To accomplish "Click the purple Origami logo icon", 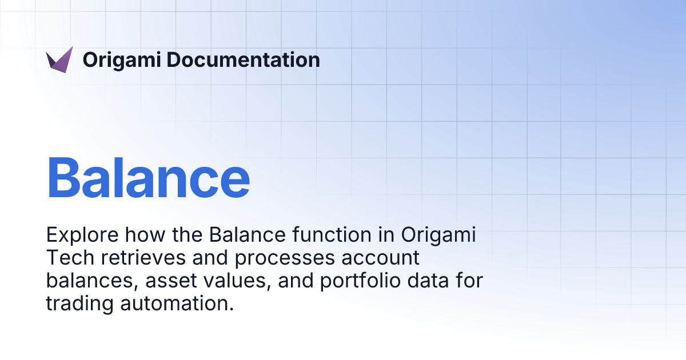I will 59,59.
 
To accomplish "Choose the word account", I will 381,258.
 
